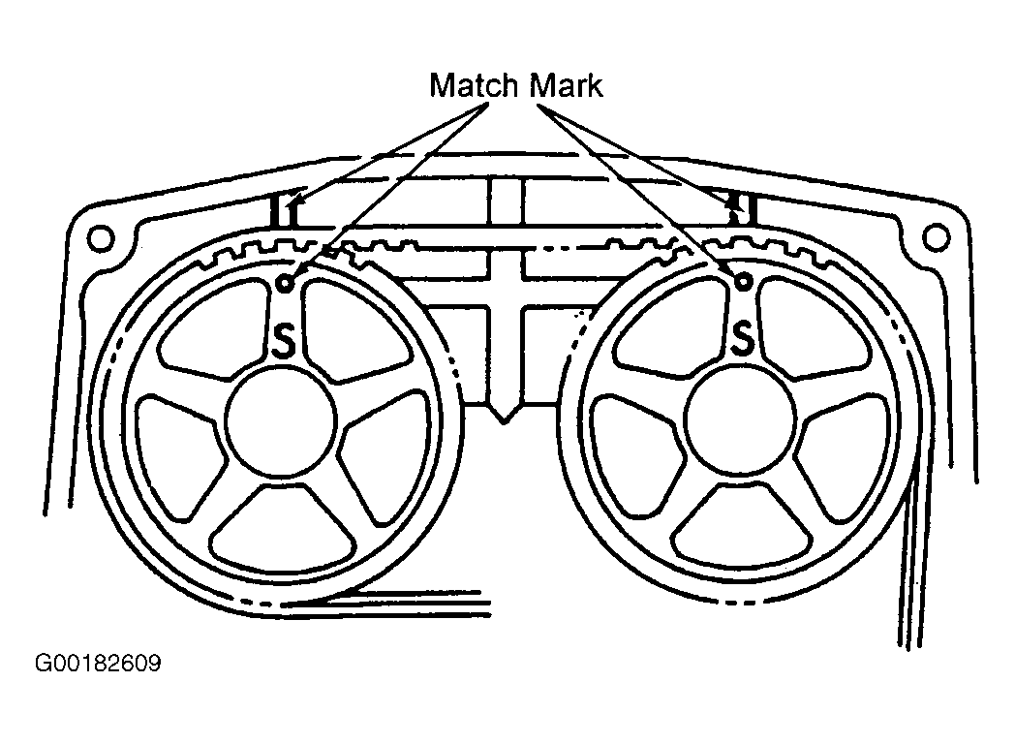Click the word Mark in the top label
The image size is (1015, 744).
coord(567,85)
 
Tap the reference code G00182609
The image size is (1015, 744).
coord(98,665)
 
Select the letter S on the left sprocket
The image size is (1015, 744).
coord(286,342)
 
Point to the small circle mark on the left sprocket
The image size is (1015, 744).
coord(286,282)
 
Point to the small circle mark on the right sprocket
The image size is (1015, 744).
coord(744,281)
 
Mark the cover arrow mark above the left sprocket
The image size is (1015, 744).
coord(290,205)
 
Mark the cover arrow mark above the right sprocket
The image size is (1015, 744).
coord(735,205)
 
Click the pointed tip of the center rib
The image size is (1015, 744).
coord(502,418)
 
